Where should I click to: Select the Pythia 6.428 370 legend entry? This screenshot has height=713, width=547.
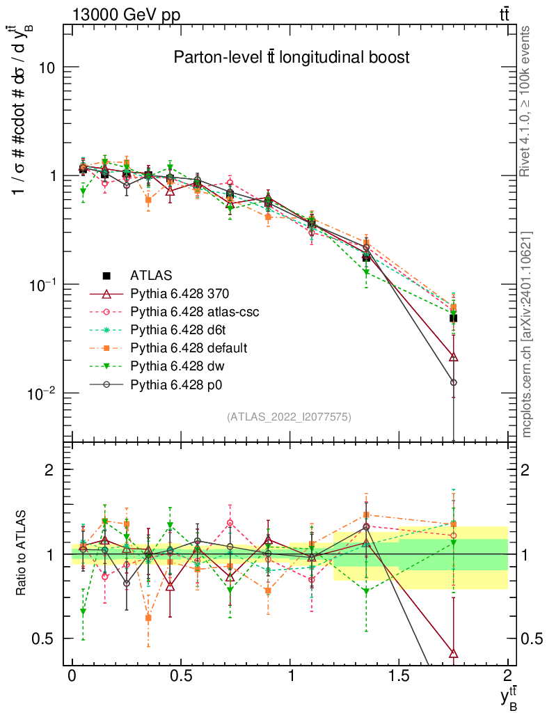181,293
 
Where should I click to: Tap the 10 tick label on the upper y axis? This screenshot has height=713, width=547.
47,68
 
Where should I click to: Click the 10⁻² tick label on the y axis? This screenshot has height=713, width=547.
43,393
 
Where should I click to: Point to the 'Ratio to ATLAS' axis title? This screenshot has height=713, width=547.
22,554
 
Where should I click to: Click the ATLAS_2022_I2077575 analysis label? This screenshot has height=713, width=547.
289,417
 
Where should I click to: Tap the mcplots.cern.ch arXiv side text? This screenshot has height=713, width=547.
527,334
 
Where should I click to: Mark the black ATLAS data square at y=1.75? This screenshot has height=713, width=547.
453,318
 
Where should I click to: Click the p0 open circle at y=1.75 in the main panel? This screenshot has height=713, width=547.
454,382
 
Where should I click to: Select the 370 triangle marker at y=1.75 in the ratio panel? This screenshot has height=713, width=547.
454,653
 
